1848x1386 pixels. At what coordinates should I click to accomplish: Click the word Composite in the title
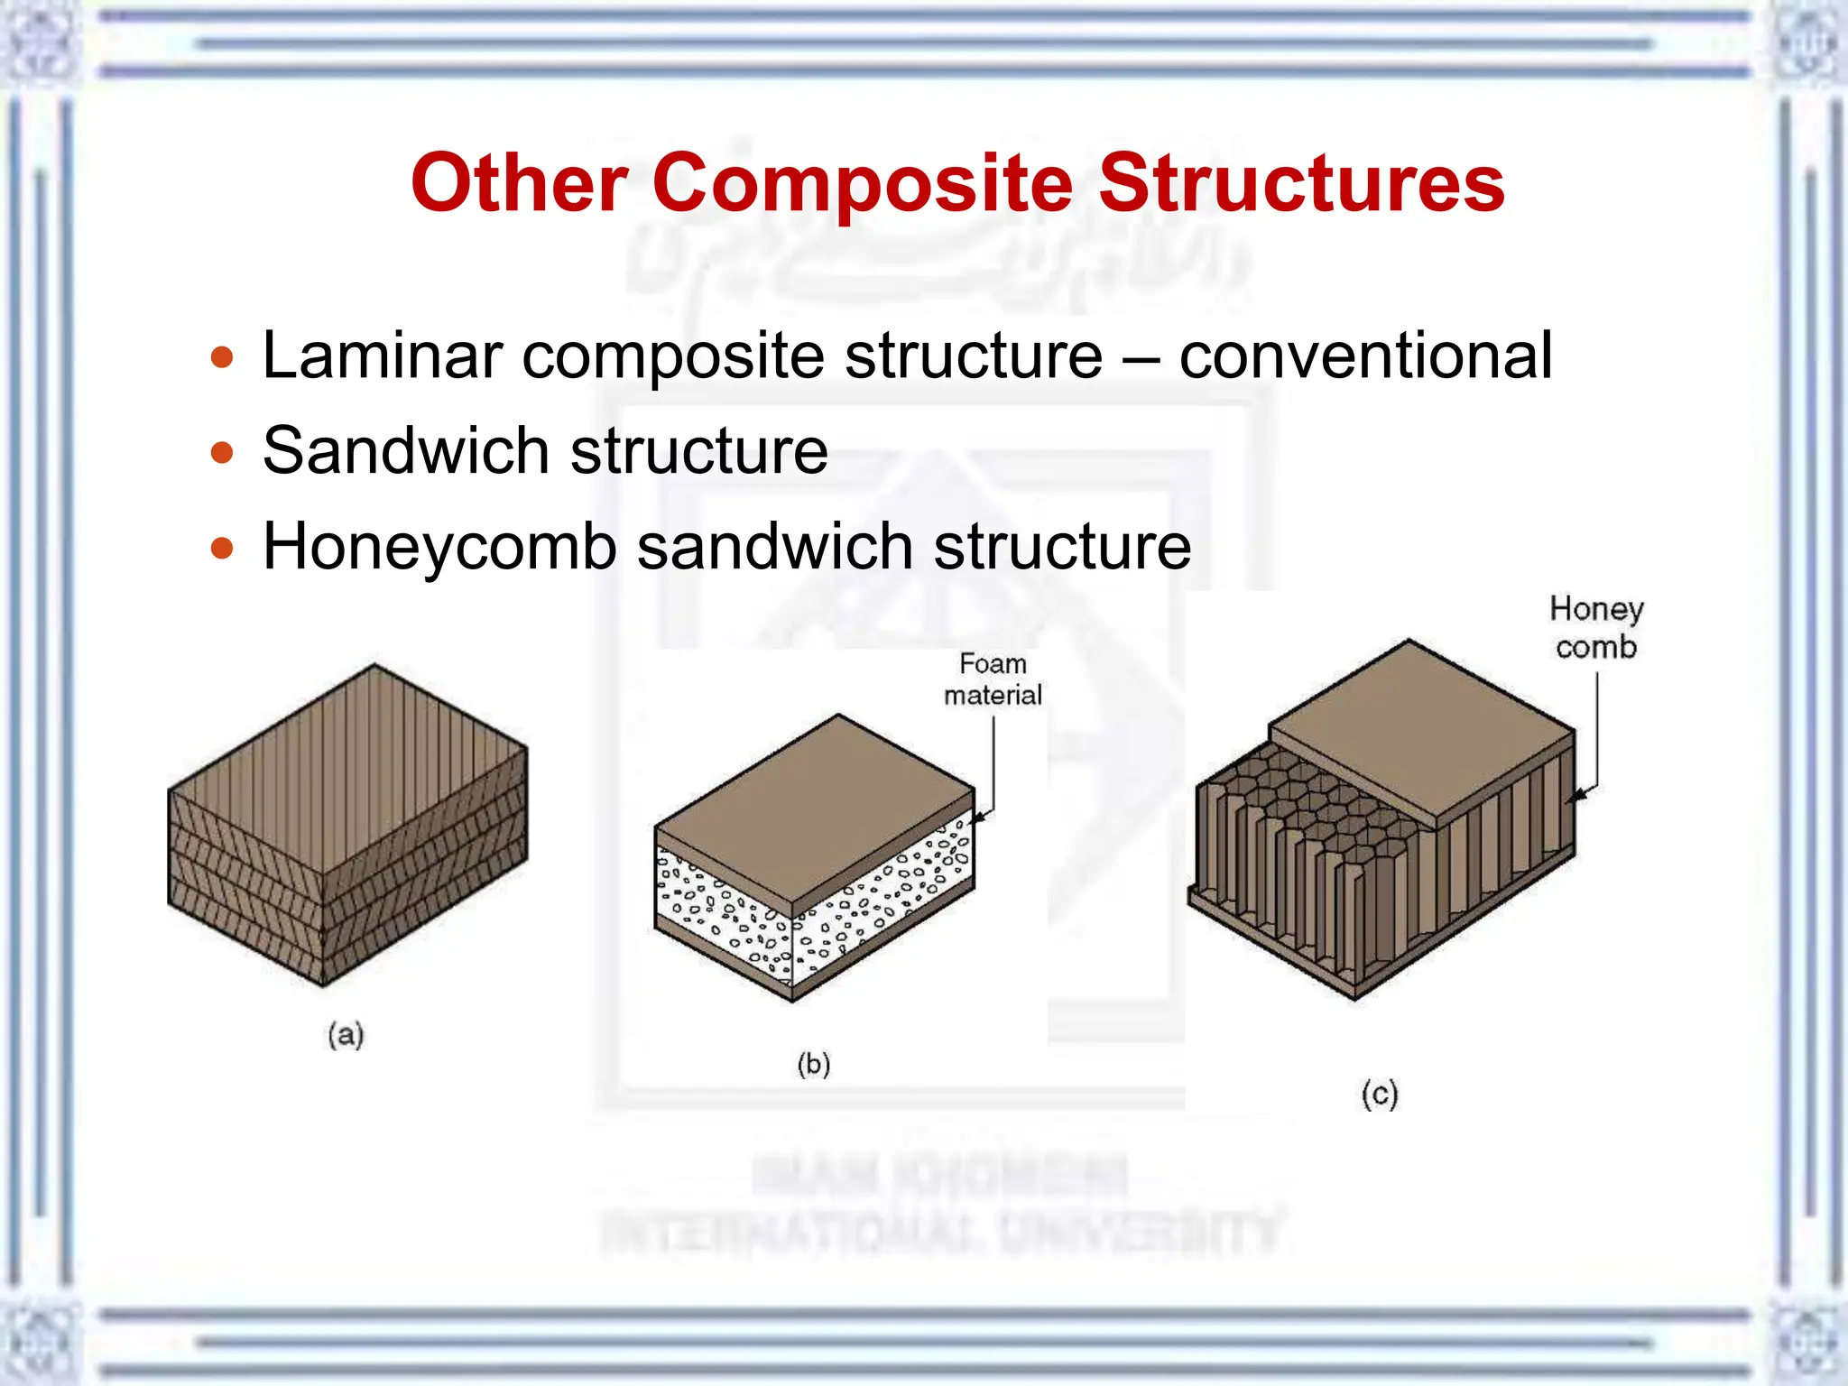pyautogui.click(x=862, y=184)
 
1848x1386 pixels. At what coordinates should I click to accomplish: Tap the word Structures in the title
pyautogui.click(x=1301, y=184)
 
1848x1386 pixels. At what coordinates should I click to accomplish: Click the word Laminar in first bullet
pyautogui.click(x=382, y=356)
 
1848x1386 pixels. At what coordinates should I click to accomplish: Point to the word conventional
pyautogui.click(x=1365, y=356)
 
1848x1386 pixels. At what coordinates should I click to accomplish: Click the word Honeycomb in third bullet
pyautogui.click(x=439, y=547)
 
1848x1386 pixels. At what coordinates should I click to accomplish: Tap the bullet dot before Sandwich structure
pyautogui.click(x=222, y=452)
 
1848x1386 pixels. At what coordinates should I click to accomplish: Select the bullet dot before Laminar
pyautogui.click(x=222, y=357)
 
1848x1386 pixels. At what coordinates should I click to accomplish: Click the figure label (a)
pyautogui.click(x=346, y=1034)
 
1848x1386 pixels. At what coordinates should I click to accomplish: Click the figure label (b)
pyautogui.click(x=814, y=1064)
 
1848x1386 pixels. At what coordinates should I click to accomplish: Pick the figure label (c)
pyautogui.click(x=1380, y=1094)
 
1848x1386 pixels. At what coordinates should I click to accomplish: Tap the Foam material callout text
pyautogui.click(x=993, y=679)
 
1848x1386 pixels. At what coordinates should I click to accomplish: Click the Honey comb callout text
pyautogui.click(x=1596, y=628)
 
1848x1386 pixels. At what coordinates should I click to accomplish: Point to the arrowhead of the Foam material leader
pyautogui.click(x=978, y=818)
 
